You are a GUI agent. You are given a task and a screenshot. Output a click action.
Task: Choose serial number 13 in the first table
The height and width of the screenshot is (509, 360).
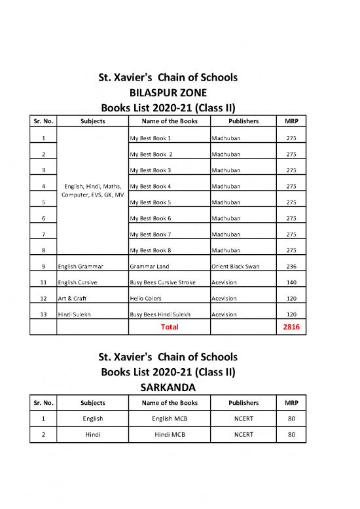[43, 314]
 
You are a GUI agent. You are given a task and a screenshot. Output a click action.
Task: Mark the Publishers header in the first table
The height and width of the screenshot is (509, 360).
[243, 121]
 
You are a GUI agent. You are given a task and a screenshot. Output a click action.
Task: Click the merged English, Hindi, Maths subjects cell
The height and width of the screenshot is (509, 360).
[92, 191]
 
